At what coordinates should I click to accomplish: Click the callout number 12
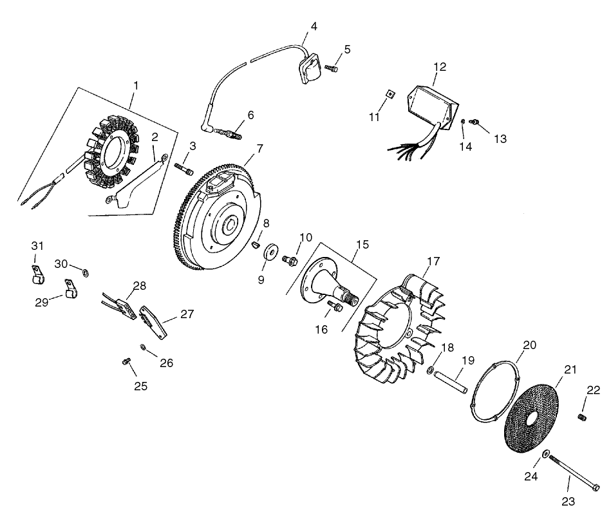pyautogui.click(x=440, y=66)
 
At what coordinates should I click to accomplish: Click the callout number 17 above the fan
pyautogui.click(x=433, y=261)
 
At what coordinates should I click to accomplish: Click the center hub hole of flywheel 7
pyautogui.click(x=229, y=227)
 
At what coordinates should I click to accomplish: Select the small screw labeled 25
pyautogui.click(x=126, y=362)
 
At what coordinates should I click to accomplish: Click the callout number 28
pyautogui.click(x=140, y=285)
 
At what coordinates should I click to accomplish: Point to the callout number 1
pyautogui.click(x=136, y=85)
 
